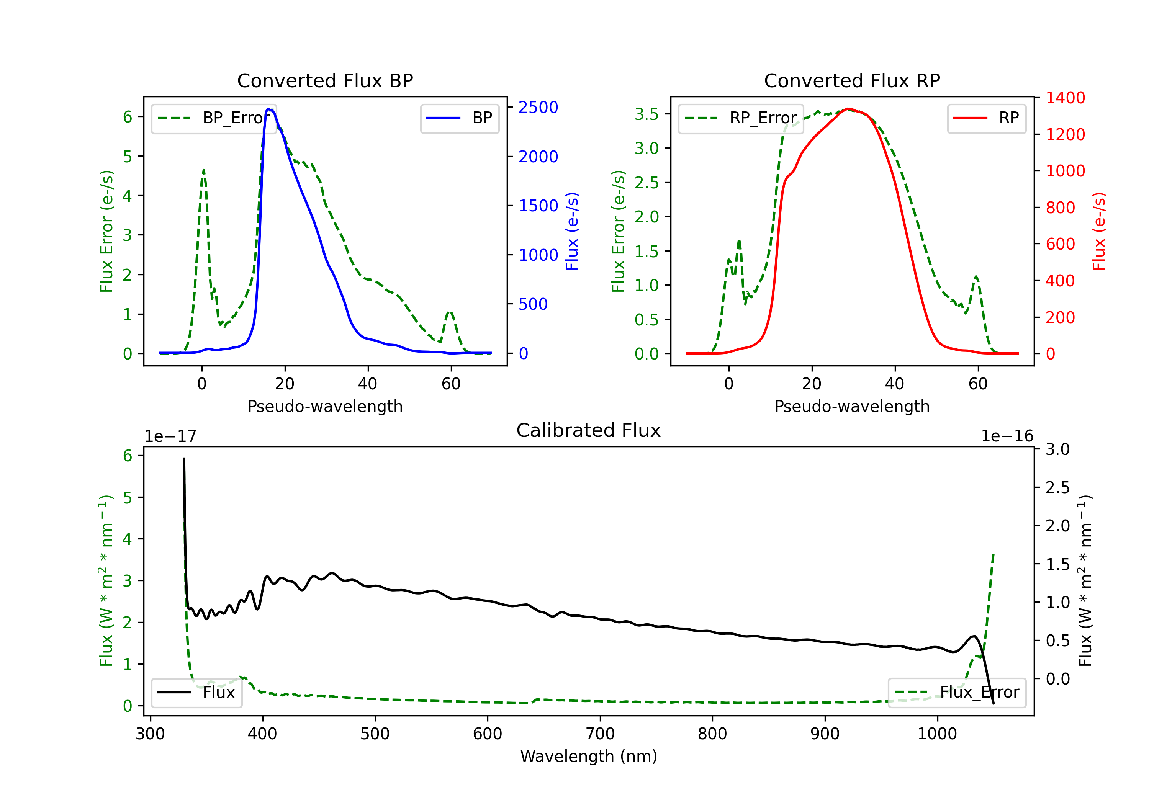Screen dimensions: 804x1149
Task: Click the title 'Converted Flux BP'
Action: pos(325,80)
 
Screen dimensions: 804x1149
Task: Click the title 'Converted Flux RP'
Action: pos(852,80)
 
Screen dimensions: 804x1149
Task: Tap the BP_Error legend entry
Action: pos(214,118)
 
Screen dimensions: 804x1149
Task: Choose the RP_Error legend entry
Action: pos(741,118)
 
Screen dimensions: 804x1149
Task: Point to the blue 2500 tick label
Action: pos(538,108)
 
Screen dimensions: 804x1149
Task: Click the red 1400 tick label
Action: pos(1066,98)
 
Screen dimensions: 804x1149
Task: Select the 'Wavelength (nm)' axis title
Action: pos(589,756)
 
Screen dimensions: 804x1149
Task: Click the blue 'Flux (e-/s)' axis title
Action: pos(572,231)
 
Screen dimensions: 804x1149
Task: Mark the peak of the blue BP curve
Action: pos(269,109)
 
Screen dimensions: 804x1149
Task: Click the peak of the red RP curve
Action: pos(849,109)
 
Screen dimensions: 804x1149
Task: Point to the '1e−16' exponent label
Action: pos(1007,436)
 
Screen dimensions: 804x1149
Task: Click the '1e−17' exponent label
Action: pos(171,436)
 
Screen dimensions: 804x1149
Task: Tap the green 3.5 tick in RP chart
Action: pos(647,114)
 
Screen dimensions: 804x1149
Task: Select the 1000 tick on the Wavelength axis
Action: pos(937,734)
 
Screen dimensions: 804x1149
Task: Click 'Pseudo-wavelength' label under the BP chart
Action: pos(325,406)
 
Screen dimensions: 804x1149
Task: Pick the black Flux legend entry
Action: pos(197,693)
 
